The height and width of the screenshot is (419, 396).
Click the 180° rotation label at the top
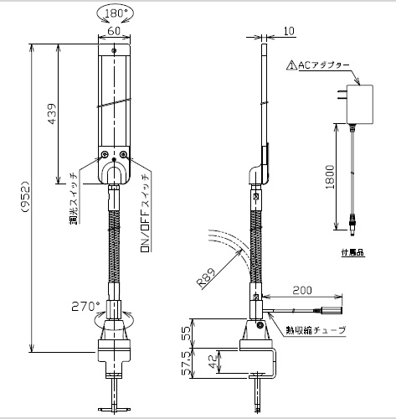pos(116,13)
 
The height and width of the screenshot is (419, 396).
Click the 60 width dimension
pos(114,31)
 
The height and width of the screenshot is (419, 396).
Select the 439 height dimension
pos(52,114)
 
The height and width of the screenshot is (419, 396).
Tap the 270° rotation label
pos(84,307)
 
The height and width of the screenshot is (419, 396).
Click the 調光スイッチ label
pos(74,199)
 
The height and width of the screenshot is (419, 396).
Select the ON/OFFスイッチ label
pos(146,214)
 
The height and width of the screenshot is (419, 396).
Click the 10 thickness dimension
pos(289,31)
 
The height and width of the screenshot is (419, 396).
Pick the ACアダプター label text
pos(324,65)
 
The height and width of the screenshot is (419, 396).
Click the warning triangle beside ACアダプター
pos(292,65)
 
